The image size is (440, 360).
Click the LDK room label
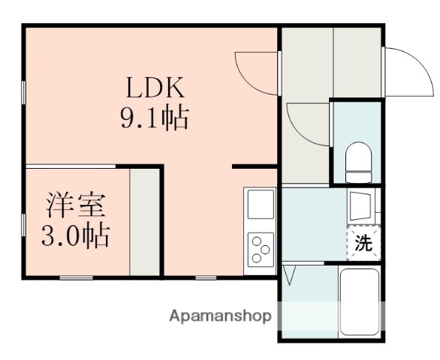[155, 88]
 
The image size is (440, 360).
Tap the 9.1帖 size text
[155, 118]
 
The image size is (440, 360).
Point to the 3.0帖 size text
[75, 236]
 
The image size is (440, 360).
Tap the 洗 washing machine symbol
[363, 244]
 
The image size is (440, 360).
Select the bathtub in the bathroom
[360, 301]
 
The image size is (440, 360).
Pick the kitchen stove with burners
[261, 249]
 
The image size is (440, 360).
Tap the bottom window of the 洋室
[76, 277]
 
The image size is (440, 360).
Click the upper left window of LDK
[23, 93]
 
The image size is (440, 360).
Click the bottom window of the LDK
[203, 277]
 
